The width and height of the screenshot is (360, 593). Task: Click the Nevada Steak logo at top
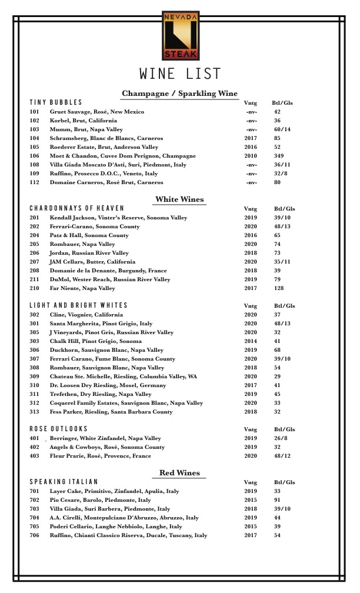180,35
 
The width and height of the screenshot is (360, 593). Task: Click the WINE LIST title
180,74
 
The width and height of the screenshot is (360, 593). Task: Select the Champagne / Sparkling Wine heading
179,94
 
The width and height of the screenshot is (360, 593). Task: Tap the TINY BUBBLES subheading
56,102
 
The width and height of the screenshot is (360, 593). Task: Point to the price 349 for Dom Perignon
279,156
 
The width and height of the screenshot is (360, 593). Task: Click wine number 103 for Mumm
35,129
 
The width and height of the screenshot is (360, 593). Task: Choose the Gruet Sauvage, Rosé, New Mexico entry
97,112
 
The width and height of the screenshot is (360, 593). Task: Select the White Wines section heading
179,199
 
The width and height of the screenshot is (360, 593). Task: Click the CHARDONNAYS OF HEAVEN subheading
77,208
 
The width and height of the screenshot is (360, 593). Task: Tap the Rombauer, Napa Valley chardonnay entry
82,244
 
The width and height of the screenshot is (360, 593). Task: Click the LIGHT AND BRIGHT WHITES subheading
79,305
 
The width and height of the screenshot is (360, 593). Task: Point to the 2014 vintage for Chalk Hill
251,341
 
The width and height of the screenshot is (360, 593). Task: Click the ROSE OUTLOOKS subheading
59,429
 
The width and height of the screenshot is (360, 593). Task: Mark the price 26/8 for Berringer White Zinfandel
281,438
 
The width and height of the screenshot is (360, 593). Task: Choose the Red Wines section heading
179,473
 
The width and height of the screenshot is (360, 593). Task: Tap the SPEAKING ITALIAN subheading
64,482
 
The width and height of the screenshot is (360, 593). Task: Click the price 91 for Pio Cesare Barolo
277,500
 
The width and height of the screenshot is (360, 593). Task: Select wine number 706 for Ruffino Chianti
35,535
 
